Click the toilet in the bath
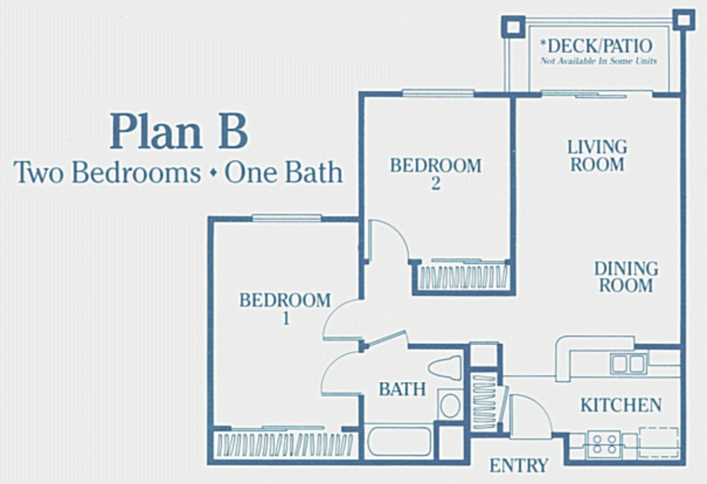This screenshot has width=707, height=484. (445, 368)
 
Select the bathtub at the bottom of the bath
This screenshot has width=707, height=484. (399, 442)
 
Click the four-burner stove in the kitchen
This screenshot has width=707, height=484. (604, 444)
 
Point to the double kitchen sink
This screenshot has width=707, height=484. (628, 364)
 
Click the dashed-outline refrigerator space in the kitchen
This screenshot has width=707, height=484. (659, 442)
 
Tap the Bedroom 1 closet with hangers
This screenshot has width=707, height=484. (285, 445)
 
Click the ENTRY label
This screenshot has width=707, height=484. (519, 465)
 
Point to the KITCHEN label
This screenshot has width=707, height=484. (621, 405)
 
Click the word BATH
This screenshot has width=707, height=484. (402, 389)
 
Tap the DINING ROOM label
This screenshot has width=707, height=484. (626, 277)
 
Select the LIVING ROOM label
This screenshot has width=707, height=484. (598, 156)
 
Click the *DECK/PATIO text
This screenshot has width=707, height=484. (596, 46)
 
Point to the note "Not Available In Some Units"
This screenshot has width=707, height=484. (598, 61)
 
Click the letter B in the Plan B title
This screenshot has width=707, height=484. (233, 131)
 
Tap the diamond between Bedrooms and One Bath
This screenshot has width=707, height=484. (214, 173)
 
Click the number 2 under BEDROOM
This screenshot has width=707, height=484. (436, 184)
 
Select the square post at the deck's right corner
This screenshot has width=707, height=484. (684, 20)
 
